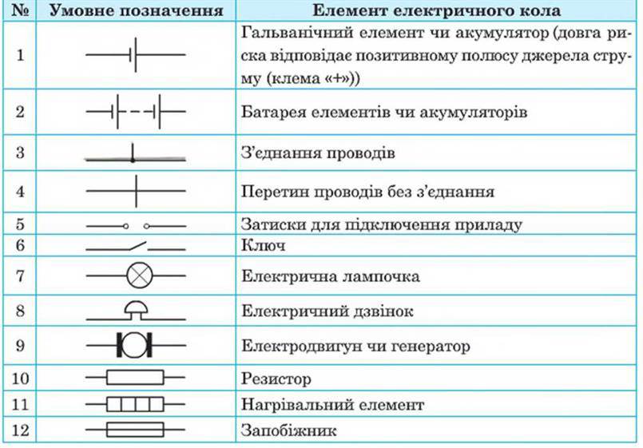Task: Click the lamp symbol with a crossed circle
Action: coord(140,276)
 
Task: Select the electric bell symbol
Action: coord(136,311)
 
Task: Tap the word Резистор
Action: coord(276,379)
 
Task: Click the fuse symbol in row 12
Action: coord(135,430)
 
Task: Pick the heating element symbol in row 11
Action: coord(135,405)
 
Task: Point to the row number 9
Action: coord(20,346)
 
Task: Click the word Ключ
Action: coord(263,245)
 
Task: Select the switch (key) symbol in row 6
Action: coord(136,246)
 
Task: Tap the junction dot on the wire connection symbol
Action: coord(133,160)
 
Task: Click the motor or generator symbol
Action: coord(135,345)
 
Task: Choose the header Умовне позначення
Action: coord(136,11)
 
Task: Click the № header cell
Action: coord(20,10)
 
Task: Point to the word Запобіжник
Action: coord(288,430)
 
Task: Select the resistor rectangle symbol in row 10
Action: coord(135,378)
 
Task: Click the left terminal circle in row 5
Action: coord(126,226)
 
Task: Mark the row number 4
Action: coord(20,192)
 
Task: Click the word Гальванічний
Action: coord(297,33)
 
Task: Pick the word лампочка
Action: coord(381,276)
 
